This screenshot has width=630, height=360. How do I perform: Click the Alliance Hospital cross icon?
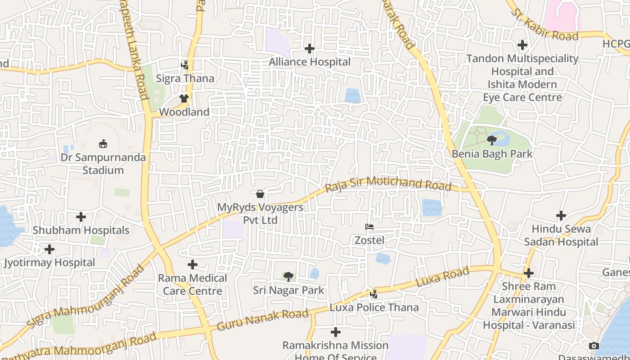click(x=310, y=49)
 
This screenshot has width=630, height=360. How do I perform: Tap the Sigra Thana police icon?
click(x=184, y=65)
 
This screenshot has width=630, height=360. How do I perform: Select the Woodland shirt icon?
click(x=184, y=99)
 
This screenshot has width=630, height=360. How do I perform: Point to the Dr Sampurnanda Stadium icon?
click(x=103, y=144)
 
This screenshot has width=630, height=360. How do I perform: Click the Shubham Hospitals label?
click(x=81, y=230)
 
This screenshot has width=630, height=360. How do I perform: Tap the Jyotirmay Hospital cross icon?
click(x=49, y=249)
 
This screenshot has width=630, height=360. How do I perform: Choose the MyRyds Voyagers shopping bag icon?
click(x=260, y=194)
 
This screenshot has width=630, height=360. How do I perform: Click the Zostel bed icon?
click(x=369, y=227)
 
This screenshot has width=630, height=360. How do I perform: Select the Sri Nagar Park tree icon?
click(x=288, y=277)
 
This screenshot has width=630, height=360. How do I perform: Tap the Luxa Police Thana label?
click(x=374, y=308)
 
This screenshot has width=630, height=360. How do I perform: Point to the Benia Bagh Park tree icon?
click(x=492, y=140)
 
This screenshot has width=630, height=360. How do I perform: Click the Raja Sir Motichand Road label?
click(x=388, y=184)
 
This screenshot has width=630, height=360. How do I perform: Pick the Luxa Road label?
click(x=442, y=277)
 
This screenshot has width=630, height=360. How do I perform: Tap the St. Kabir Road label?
click(x=544, y=23)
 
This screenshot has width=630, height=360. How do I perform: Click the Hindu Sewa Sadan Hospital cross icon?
click(x=561, y=216)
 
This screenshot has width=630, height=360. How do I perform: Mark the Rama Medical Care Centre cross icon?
click(x=193, y=265)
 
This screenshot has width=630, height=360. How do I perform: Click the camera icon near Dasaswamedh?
click(x=594, y=346)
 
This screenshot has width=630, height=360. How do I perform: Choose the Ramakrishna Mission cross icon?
click(x=336, y=333)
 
